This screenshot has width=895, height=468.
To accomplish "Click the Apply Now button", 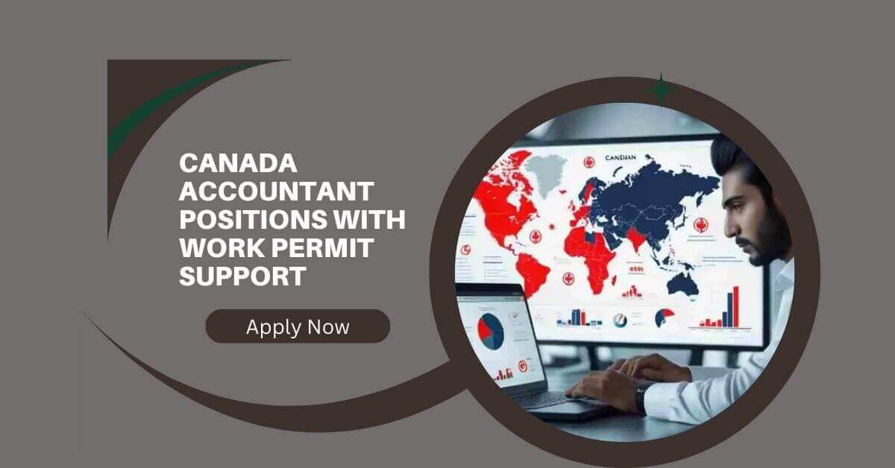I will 298,326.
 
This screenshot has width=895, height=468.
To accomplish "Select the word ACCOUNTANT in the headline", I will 277,191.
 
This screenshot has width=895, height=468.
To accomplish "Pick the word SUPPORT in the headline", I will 242,276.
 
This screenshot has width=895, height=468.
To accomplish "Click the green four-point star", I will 659,90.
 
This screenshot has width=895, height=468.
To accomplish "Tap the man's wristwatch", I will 640,397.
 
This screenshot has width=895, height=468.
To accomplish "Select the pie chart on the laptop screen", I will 490,331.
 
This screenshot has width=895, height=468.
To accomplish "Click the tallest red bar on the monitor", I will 735,306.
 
